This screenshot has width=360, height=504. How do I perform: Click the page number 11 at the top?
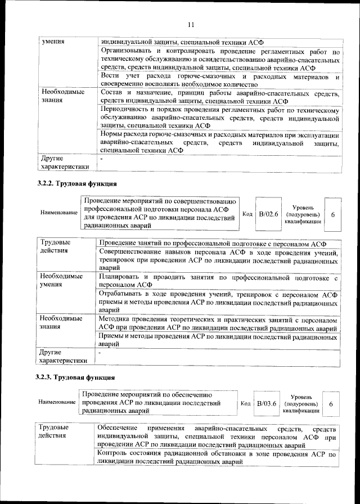pos(190,24)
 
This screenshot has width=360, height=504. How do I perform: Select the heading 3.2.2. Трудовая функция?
pos(77,183)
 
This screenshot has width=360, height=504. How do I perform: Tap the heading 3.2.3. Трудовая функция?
pos(76,377)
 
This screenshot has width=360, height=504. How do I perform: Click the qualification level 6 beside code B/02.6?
pos(334,214)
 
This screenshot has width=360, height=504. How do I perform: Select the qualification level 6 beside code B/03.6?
pos(331,404)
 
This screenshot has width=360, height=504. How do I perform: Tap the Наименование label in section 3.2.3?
pos(57,403)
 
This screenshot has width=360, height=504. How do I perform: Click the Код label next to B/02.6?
pos(247,214)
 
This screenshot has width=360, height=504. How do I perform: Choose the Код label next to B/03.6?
pos(245,403)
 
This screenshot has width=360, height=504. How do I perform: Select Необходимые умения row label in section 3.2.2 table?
pos(61,281)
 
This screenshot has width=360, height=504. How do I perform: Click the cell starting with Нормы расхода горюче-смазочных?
pos(219,143)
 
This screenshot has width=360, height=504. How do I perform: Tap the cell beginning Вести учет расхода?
pos(219,80)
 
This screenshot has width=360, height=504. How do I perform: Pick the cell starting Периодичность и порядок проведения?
pos(219,117)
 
